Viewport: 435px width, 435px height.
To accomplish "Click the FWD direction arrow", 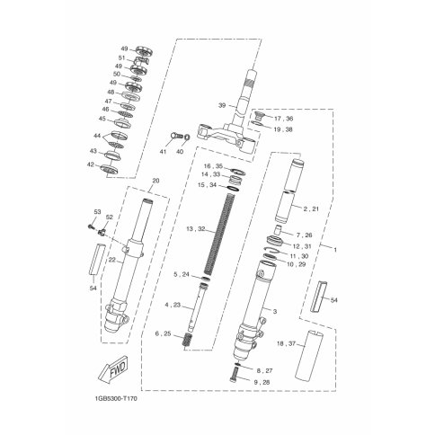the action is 114,369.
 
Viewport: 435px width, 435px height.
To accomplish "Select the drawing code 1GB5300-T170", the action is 115,399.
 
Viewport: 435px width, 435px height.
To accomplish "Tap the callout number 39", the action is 222,105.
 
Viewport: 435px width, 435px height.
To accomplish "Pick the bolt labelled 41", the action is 176,136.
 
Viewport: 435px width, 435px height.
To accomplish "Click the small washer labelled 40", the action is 186,138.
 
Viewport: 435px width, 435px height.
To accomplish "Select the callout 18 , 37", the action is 287,344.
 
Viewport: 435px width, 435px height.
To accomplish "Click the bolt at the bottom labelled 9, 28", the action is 235,375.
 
